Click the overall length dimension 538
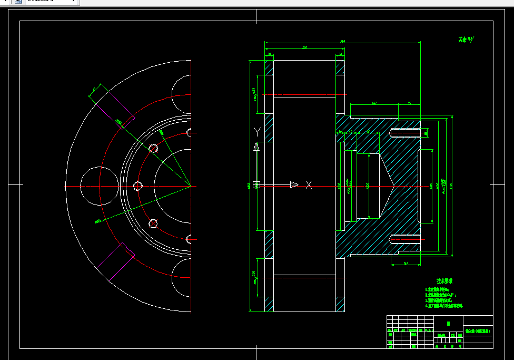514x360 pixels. pyautogui.click(x=342, y=41)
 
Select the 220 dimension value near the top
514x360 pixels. pyautogui.click(x=304, y=47)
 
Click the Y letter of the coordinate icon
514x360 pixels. pyautogui.click(x=256, y=131)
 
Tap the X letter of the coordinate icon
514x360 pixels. pyautogui.click(x=309, y=184)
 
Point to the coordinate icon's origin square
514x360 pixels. pyautogui.click(x=256, y=184)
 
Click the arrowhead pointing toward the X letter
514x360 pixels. pyautogui.click(x=294, y=184)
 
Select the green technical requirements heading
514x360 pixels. pyautogui.click(x=444, y=281)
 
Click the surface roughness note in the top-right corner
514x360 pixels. pyautogui.click(x=466, y=39)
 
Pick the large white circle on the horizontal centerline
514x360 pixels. pyautogui.click(x=98, y=186)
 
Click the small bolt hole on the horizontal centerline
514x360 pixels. pyautogui.click(x=138, y=186)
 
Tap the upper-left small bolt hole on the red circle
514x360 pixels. pyautogui.click(x=153, y=149)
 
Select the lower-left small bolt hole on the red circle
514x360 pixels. pyautogui.click(x=153, y=223)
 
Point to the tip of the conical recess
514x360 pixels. pyautogui.click(x=394, y=186)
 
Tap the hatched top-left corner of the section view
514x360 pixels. pyautogui.click(x=269, y=68)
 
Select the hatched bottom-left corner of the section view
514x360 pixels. pyautogui.click(x=269, y=304)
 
